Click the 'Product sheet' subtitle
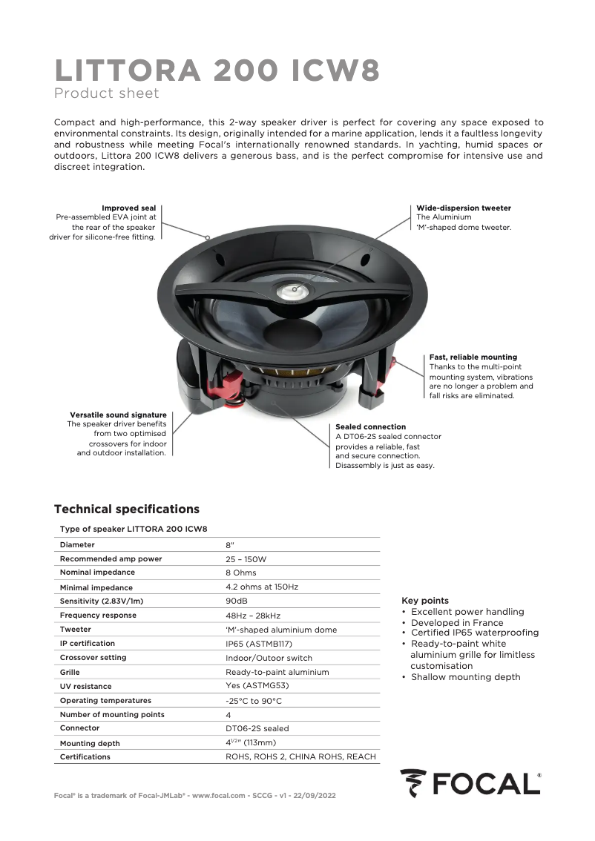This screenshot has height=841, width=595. point(106,93)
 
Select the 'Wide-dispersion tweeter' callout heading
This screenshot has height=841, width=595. point(463,208)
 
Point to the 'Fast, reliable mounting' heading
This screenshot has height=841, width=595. point(473,357)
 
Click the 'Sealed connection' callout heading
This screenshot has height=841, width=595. point(370,427)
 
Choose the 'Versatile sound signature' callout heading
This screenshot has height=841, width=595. point(118,415)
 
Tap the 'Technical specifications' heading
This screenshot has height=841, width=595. point(127,509)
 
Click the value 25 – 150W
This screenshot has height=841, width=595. point(246,558)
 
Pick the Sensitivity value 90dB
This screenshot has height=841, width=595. point(236,601)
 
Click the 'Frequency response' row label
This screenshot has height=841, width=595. point(98,615)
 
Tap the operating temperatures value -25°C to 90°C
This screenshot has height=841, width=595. point(254,700)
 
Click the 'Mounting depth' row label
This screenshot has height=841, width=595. point(89,743)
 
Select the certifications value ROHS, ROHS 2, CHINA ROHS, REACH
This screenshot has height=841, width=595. point(300,756)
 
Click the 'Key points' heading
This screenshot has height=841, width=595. point(424,600)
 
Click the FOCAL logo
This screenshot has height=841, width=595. point(470,783)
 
